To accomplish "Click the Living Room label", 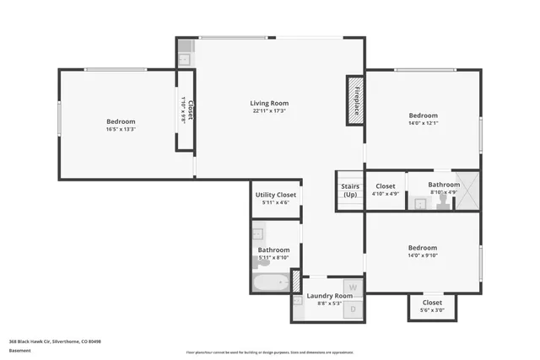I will coord(269,103).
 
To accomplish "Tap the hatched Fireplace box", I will coord(355,101).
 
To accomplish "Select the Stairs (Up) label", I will coord(350,191).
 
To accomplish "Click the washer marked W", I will coord(354,287).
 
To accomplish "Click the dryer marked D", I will coord(354,309).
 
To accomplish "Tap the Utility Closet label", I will coord(275,194).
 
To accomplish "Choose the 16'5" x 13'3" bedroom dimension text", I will coord(121,129).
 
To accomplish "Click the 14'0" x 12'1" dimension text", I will coord(423,123).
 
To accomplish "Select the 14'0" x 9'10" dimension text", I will coord(423,255).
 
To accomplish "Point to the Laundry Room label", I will coord(329,296).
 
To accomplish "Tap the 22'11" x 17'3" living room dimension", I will coord(269,111).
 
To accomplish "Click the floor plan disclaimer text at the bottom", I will coord(270,352).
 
